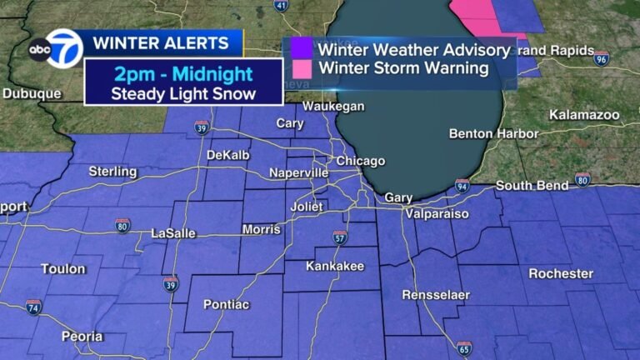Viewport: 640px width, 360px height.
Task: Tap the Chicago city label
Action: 360,161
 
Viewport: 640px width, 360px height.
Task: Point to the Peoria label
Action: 82,337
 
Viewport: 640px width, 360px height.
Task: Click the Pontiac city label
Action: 226,305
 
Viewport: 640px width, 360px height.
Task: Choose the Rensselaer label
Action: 436,295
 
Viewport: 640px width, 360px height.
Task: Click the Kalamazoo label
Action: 582,113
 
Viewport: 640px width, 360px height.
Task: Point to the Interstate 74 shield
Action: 33,306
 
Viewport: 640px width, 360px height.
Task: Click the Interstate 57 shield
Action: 339,237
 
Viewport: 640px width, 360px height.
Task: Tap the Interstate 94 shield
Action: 462,185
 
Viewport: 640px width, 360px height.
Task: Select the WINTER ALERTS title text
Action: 160,42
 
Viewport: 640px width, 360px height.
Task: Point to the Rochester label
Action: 561,273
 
